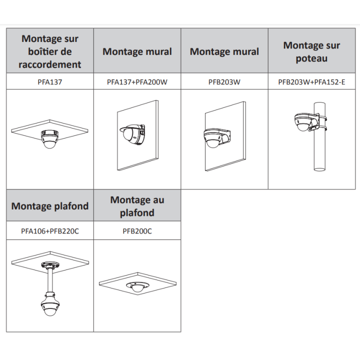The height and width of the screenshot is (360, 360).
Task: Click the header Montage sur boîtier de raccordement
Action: tap(50, 51)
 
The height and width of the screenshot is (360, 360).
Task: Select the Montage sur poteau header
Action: tap(311, 51)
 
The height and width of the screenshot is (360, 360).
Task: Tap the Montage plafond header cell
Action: tap(50, 206)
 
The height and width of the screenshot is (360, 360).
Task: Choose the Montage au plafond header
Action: tap(137, 206)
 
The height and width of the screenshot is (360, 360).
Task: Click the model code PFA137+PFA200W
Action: tap(137, 82)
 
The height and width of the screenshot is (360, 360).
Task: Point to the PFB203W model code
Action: tap(224, 82)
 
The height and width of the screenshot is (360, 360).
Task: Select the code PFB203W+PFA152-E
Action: tap(311, 82)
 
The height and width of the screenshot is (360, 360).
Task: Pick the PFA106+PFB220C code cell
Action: tap(50, 231)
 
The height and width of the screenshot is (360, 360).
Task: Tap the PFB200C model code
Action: tap(137, 231)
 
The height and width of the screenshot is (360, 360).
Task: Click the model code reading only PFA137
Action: tap(50, 82)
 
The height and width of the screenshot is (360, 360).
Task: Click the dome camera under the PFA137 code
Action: tap(49, 139)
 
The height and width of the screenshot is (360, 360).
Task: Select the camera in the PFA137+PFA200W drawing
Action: tap(132, 134)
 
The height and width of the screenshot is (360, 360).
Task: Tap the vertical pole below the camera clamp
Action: tap(319, 151)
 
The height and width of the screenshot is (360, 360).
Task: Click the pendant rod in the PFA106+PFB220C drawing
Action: tap(50, 280)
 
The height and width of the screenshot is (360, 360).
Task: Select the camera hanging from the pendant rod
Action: tap(50, 304)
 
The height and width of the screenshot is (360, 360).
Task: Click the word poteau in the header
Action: tap(311, 58)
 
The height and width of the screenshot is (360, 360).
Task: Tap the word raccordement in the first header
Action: tap(50, 64)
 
